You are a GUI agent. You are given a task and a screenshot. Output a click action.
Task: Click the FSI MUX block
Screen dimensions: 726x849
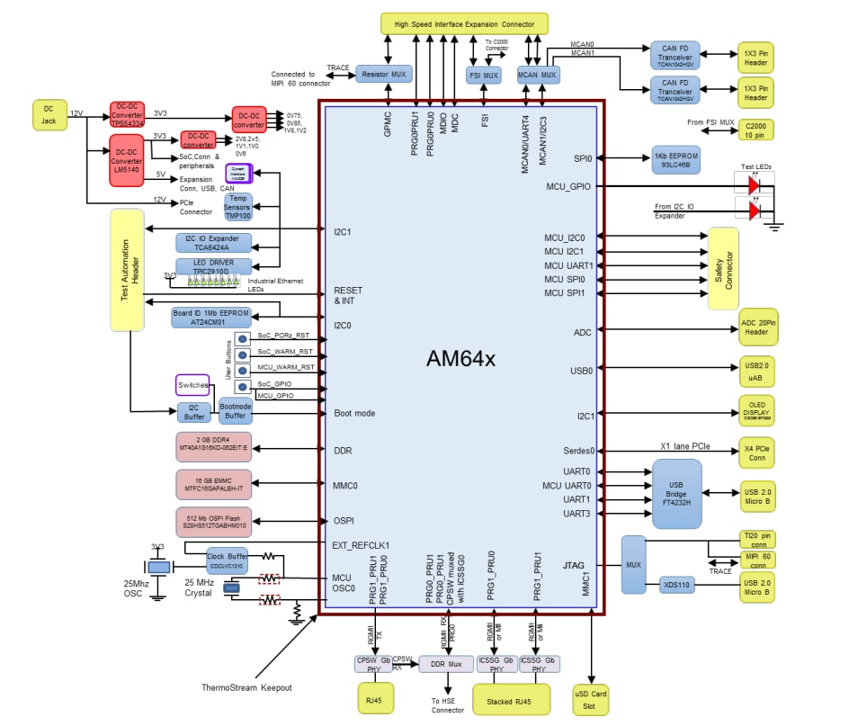point(484,76)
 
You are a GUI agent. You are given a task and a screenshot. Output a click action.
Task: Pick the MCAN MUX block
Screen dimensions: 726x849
point(538,74)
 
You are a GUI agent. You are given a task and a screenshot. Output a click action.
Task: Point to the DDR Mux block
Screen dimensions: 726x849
point(446,664)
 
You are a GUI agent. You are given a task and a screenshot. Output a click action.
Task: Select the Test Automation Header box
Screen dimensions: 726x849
point(127,269)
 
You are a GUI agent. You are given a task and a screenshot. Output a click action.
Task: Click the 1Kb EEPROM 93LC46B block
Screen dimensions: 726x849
point(675,161)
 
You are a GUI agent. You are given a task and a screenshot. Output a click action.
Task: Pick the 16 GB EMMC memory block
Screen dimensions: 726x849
point(214,484)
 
